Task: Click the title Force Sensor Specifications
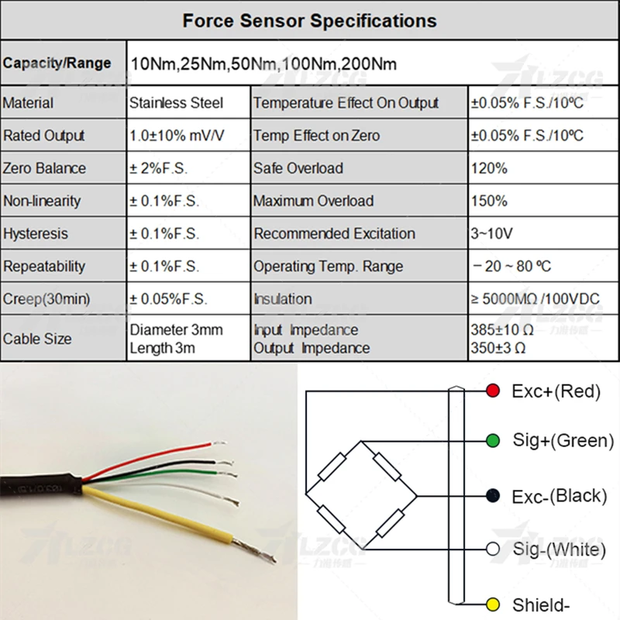[x=309, y=20]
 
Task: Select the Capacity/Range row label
[x=57, y=63]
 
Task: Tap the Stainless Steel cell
[x=176, y=103]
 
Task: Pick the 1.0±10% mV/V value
[x=177, y=136]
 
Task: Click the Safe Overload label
[x=298, y=168]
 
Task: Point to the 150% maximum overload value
[x=489, y=201]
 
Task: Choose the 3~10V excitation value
[x=491, y=233]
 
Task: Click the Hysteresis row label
[x=36, y=233]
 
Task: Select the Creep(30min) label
[x=46, y=298]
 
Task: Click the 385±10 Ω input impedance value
[x=500, y=330]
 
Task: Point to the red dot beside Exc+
[x=491, y=391]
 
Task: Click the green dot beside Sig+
[x=491, y=440]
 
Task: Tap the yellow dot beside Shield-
[x=491, y=604]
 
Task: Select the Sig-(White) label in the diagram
[x=558, y=549]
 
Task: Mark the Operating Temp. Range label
[x=328, y=267]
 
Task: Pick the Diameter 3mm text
[x=176, y=330]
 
